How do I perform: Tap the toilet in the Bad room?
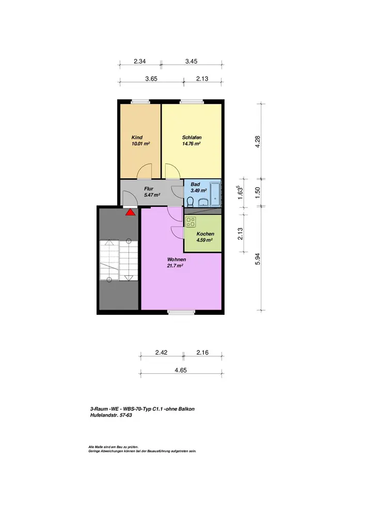190,202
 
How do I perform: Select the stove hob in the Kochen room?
191,222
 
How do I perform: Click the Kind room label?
137,138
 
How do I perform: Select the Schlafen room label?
192,138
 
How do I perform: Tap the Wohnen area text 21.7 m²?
175,266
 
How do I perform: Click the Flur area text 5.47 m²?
152,195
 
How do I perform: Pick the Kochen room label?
205,234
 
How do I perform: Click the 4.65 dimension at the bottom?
181,370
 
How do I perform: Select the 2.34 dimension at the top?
139,62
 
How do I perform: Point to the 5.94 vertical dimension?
258,259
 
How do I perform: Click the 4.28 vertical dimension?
258,142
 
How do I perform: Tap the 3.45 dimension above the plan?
191,62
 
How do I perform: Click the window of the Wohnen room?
181,312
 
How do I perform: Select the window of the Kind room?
140,102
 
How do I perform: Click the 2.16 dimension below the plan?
202,353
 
